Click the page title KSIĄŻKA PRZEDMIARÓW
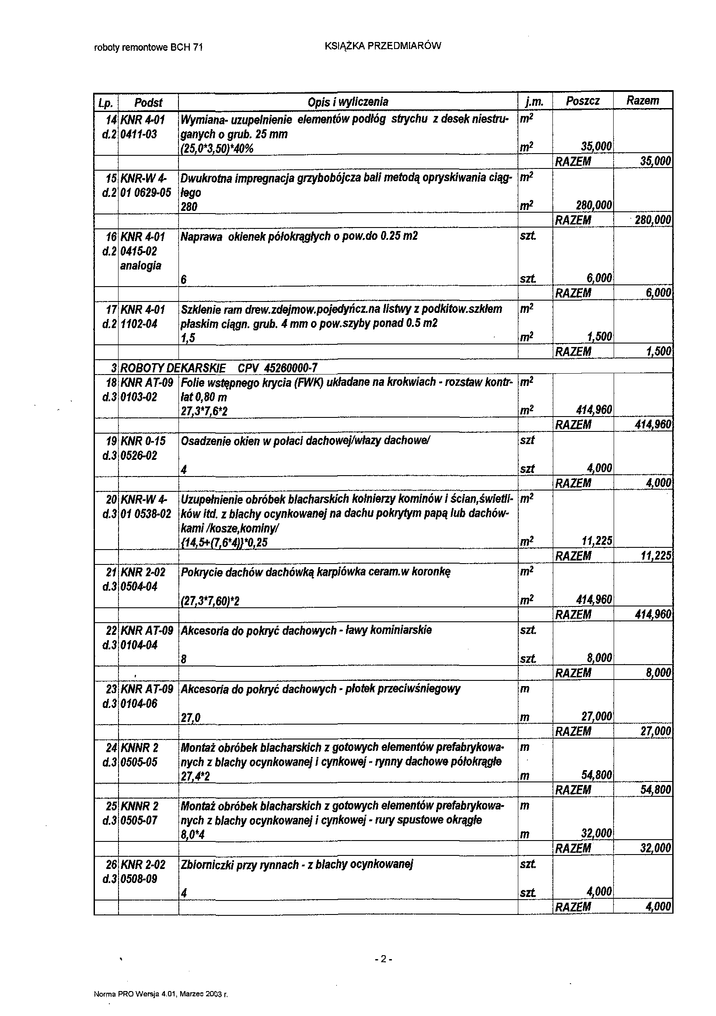pos(383,46)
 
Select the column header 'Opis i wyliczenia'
pos(348,102)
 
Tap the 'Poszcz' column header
pos(583,102)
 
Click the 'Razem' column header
pos(642,101)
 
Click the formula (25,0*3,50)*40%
pos(217,148)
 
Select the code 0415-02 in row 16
pos(138,251)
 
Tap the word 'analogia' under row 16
pos(141,266)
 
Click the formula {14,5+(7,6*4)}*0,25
pos(224,542)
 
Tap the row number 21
pos(111,572)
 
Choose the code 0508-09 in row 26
pos(138,878)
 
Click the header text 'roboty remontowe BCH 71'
pos(149,48)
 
